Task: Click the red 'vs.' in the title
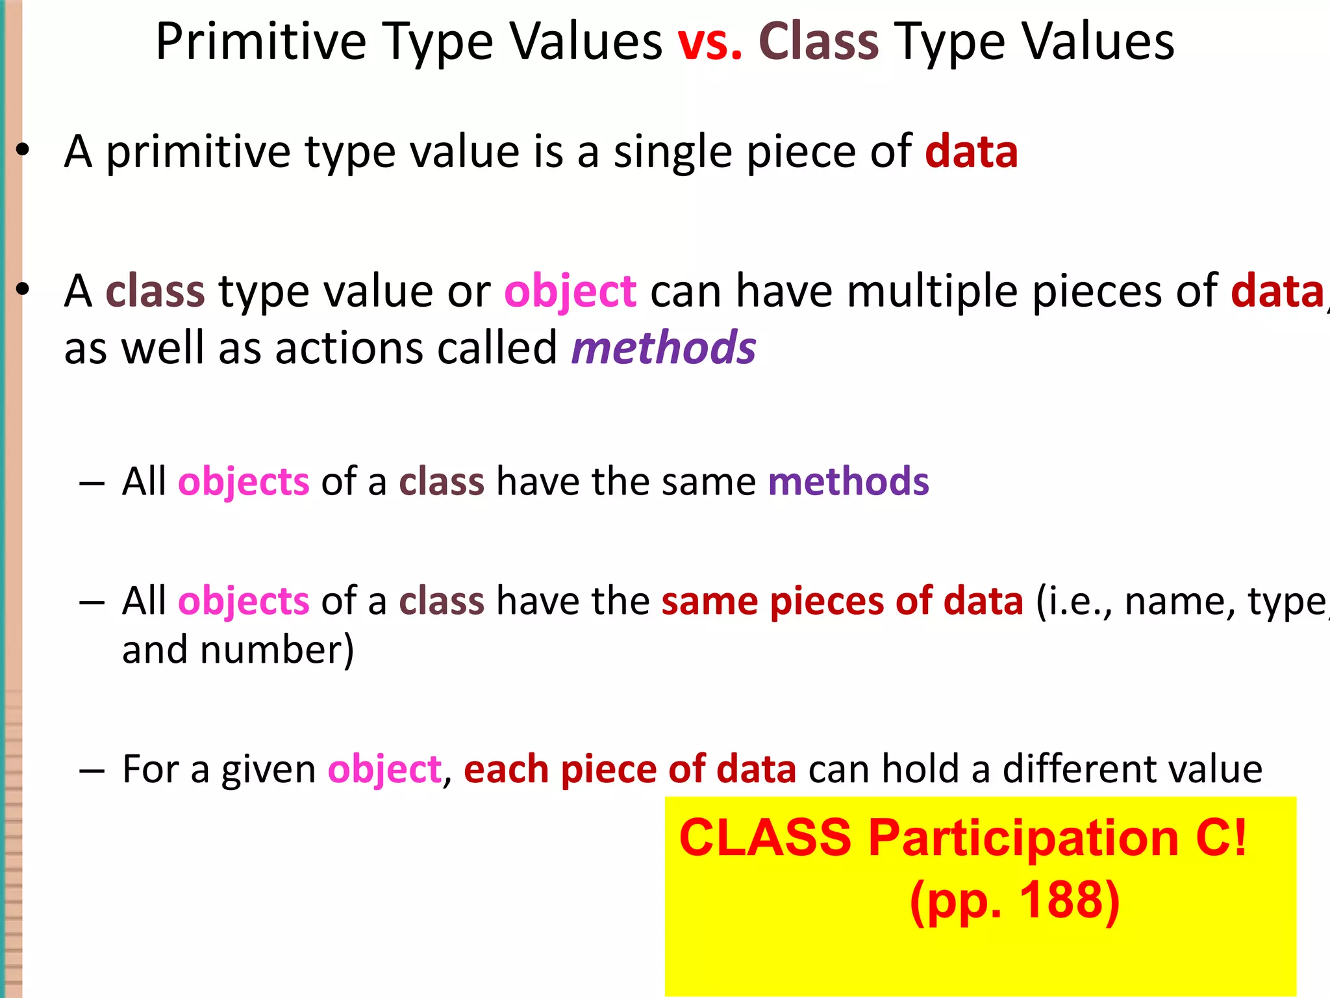pyautogui.click(x=710, y=42)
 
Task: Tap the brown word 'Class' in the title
pyautogui.click(x=818, y=42)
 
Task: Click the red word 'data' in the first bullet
pyautogui.click(x=971, y=151)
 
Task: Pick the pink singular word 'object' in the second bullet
pyautogui.click(x=570, y=292)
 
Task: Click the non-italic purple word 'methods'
pyautogui.click(x=848, y=481)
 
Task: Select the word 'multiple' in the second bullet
pyautogui.click(x=936, y=292)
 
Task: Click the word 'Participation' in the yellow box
pyautogui.click(x=1023, y=838)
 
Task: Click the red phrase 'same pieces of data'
pyautogui.click(x=842, y=601)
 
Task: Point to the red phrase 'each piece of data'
pyautogui.click(x=629, y=769)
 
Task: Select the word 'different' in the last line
pyautogui.click(x=1079, y=769)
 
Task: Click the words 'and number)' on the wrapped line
pyautogui.click(x=238, y=650)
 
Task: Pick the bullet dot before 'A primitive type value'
pyautogui.click(x=23, y=151)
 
